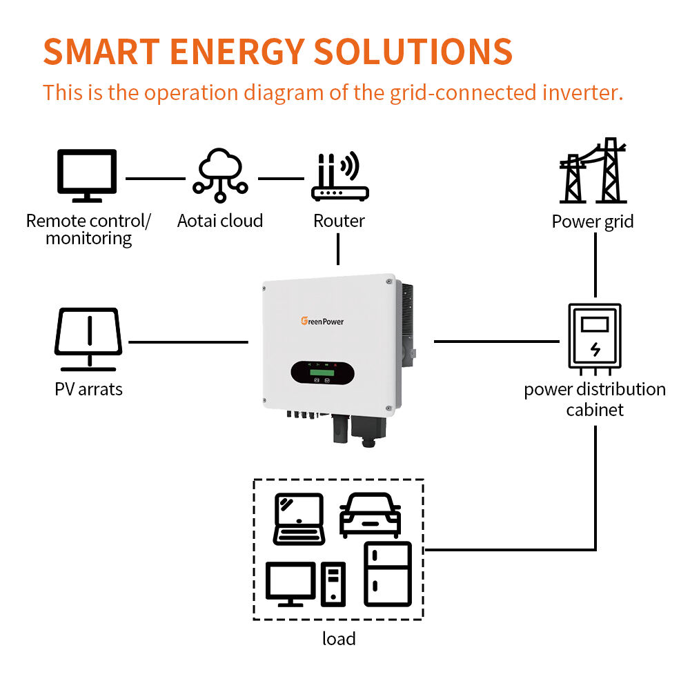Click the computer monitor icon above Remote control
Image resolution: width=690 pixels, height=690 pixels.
pyautogui.click(x=87, y=175)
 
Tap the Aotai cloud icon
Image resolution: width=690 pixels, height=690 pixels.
pyautogui.click(x=220, y=175)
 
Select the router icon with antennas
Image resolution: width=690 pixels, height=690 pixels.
pyautogui.click(x=339, y=177)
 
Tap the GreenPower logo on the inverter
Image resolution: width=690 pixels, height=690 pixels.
pyautogui.click(x=322, y=322)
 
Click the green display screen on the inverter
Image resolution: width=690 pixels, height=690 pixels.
pyautogui.click(x=322, y=373)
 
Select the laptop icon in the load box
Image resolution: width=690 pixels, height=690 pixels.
pyautogui.click(x=299, y=520)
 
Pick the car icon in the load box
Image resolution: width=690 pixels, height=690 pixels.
pyautogui.click(x=370, y=515)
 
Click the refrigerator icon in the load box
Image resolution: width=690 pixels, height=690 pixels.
pyautogui.click(x=388, y=574)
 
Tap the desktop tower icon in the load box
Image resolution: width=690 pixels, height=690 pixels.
pyautogui.click(x=333, y=584)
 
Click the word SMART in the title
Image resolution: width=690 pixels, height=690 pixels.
pyautogui.click(x=101, y=52)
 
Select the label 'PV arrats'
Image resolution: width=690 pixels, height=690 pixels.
pyautogui.click(x=88, y=389)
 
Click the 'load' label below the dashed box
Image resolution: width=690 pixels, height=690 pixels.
pyautogui.click(x=339, y=638)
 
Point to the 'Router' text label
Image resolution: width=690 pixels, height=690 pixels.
pyautogui.click(x=339, y=221)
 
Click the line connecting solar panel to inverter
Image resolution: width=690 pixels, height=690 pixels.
pyautogui.click(x=188, y=342)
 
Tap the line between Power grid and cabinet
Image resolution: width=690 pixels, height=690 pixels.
pyautogui.click(x=595, y=265)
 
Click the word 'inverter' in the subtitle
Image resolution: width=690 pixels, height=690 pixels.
pyautogui.click(x=582, y=92)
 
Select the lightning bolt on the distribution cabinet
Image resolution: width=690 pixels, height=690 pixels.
pyautogui.click(x=595, y=349)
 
